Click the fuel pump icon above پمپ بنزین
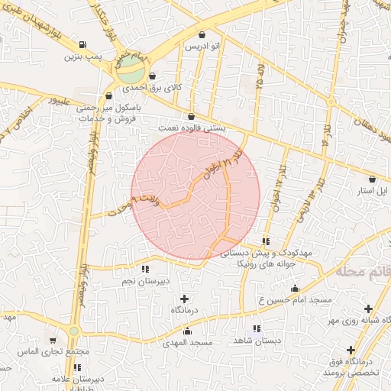point(82,44)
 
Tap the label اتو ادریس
point(202,47)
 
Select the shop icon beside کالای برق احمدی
point(153,76)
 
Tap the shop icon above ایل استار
point(372,178)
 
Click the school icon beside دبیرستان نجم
point(145,269)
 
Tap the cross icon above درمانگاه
point(183,299)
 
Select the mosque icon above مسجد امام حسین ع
point(295,288)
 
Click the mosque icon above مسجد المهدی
point(187,331)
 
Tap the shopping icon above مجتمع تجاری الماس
point(53,341)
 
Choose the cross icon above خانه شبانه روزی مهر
point(369,309)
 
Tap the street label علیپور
point(60,100)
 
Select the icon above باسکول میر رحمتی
point(108,96)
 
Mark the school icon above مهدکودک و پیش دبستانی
point(266,241)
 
